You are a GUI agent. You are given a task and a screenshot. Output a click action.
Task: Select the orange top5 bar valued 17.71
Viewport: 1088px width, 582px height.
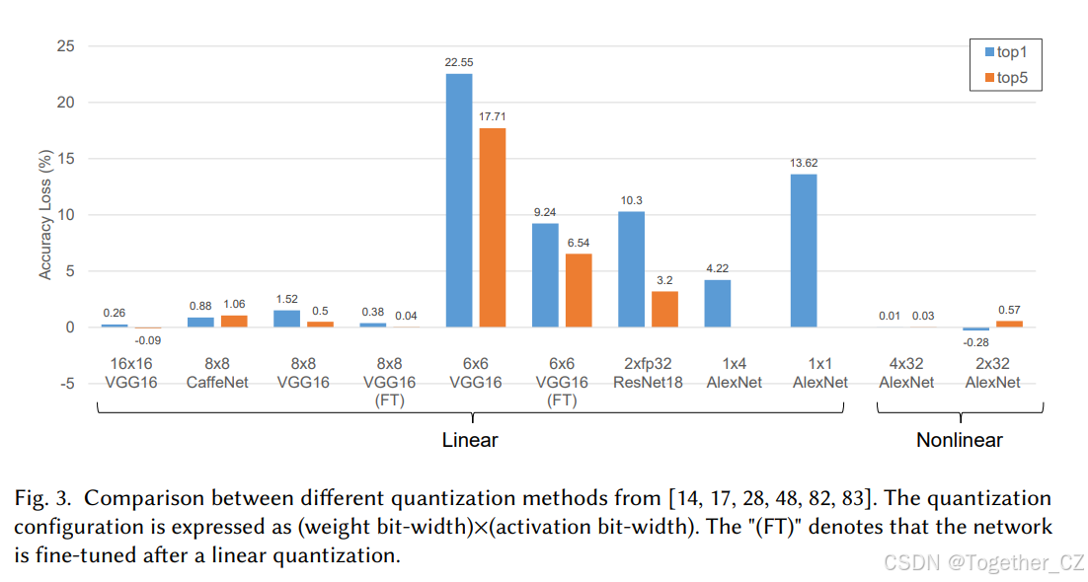tap(492, 228)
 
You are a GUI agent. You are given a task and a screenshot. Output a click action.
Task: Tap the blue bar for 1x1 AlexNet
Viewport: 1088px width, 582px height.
tap(804, 251)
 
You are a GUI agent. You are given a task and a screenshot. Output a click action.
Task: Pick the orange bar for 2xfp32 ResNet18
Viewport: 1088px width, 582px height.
tap(664, 309)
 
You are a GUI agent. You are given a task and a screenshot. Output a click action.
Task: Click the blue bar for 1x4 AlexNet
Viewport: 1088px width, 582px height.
tap(718, 304)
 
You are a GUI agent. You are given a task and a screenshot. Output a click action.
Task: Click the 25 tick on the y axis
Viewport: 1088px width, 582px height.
tap(66, 45)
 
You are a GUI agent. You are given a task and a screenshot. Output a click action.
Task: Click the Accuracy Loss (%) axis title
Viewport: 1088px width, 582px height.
tap(45, 215)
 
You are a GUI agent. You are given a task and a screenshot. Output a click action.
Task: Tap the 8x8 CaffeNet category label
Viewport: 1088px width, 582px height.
tap(216, 373)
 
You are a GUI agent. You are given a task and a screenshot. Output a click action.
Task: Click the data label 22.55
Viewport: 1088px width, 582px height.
tap(459, 61)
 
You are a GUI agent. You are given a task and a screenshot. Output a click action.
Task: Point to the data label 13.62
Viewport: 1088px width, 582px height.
tap(804, 162)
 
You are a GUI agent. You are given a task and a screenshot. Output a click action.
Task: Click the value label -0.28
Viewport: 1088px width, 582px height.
tap(975, 341)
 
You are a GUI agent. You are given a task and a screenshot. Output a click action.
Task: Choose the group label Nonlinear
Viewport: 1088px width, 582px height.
tap(959, 440)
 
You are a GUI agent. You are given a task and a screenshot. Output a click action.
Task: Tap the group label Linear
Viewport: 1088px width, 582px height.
tap(469, 440)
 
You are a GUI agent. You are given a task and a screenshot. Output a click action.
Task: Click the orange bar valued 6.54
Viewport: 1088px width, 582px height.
tap(578, 290)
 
